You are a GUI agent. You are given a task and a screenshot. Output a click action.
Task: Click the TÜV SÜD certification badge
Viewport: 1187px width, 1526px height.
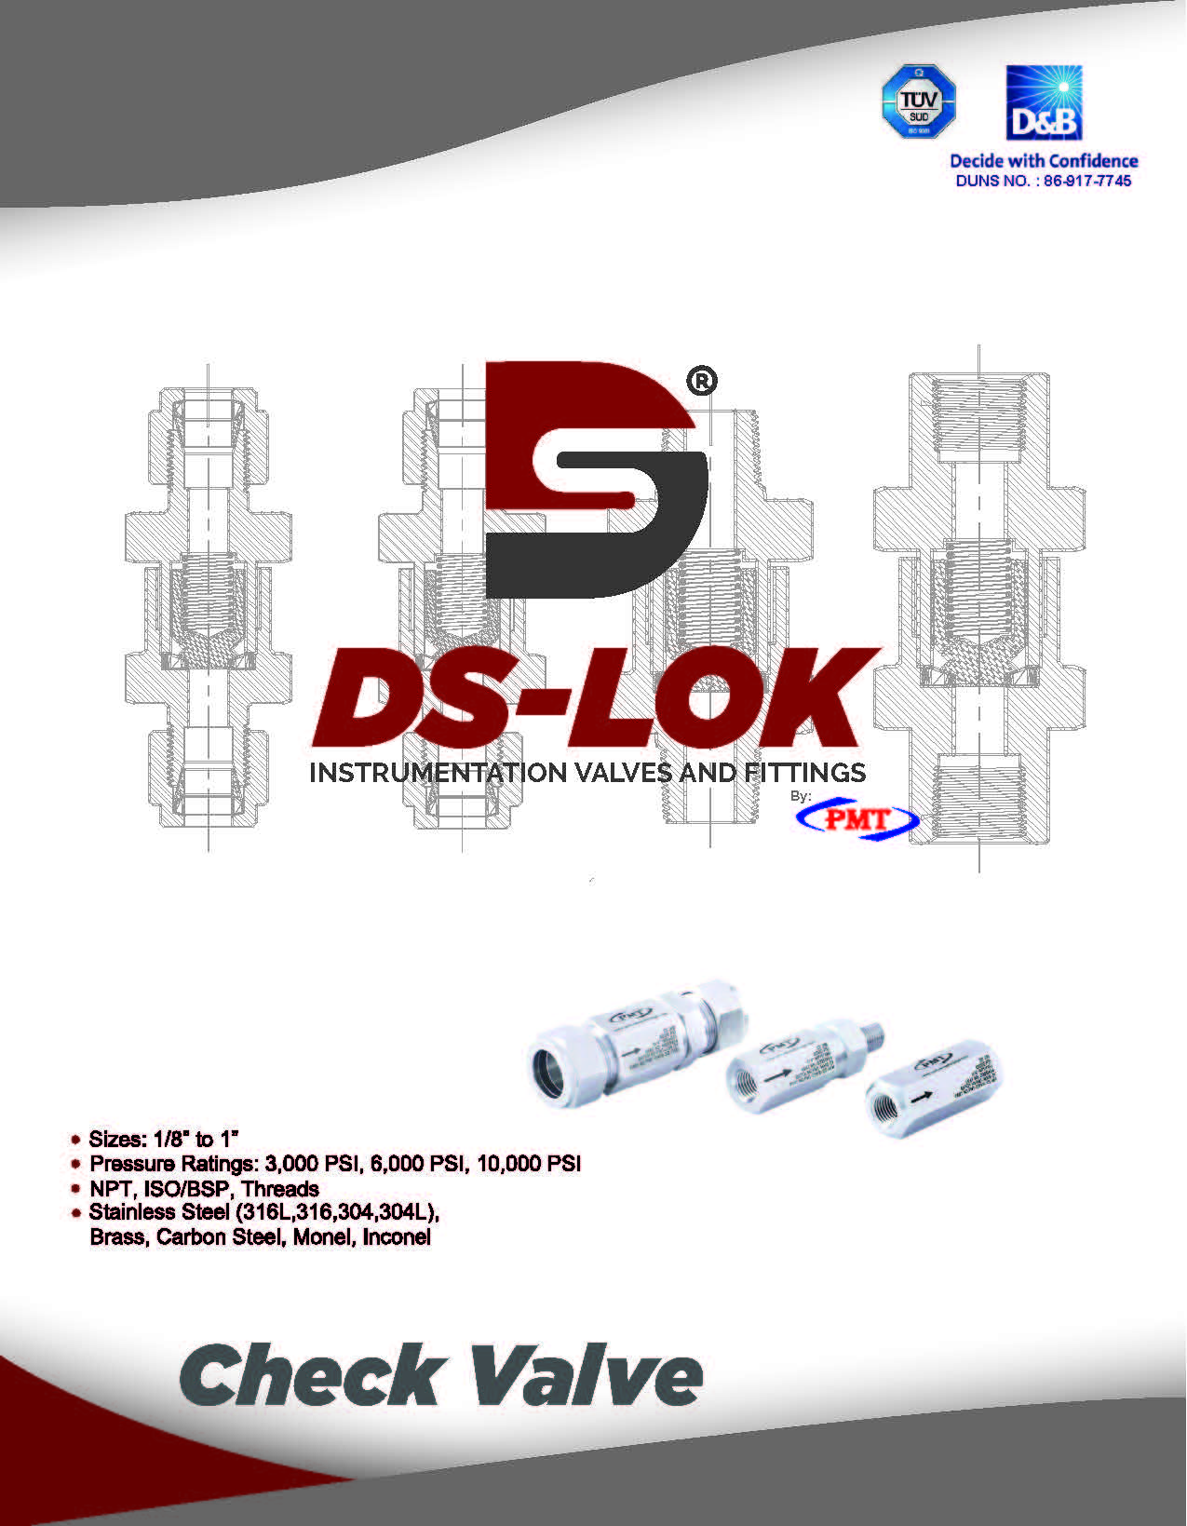[919, 101]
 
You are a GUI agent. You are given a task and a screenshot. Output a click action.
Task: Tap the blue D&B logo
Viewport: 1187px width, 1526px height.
[1044, 103]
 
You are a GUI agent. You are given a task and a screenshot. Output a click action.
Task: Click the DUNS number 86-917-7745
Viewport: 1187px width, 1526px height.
[1086, 182]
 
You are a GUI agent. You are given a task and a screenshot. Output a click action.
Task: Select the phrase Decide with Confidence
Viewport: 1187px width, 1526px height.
[1044, 161]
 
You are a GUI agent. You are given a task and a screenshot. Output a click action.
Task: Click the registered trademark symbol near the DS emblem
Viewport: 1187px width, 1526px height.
[701, 381]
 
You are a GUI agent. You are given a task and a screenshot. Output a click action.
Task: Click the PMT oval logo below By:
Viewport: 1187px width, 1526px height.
[857, 819]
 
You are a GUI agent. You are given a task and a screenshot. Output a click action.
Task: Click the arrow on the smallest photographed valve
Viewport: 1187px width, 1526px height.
[923, 1099]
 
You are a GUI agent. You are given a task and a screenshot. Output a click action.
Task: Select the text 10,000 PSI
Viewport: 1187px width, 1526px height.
[529, 1165]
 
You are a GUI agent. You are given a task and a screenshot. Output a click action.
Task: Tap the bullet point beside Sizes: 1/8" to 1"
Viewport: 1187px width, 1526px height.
[76, 1140]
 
